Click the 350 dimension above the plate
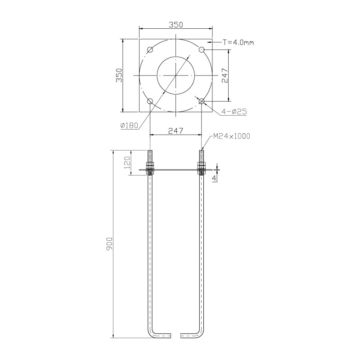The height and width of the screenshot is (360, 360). [x=176, y=25]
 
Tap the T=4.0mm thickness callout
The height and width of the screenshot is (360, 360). [x=238, y=42]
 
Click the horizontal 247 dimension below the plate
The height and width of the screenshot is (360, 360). [x=175, y=130]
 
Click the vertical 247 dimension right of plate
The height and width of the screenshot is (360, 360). [x=226, y=75]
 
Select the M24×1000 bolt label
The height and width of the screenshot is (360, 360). [x=232, y=135]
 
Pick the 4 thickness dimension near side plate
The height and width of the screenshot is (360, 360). [x=215, y=178]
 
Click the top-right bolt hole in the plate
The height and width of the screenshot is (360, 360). [x=202, y=49]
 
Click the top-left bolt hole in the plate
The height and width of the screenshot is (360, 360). [x=150, y=49]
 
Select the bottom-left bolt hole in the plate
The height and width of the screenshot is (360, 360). [x=150, y=101]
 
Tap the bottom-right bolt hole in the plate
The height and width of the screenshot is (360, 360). [x=202, y=101]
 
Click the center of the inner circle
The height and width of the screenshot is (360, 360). [x=176, y=75]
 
